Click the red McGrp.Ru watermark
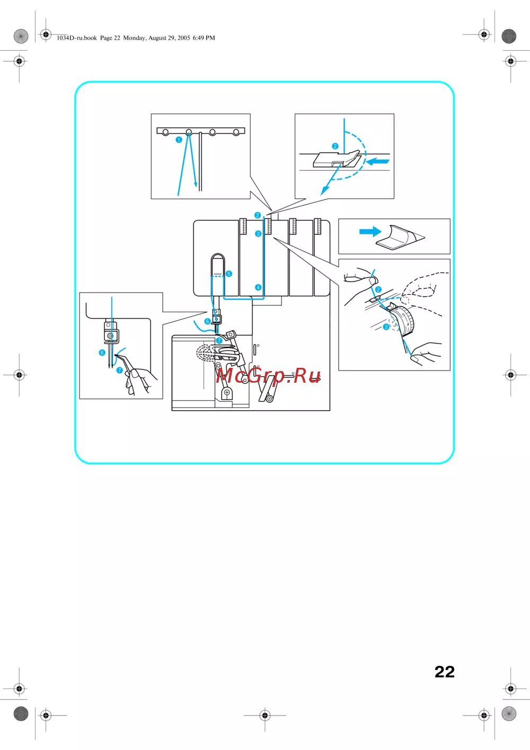click(268, 375)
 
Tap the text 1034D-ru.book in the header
click(77, 38)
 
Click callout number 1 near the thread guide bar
click(179, 139)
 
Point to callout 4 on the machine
click(258, 287)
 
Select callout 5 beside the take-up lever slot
click(229, 273)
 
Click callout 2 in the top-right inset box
click(335, 146)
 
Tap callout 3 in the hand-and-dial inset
click(386, 327)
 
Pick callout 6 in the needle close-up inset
click(102, 352)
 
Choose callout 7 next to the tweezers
click(120, 370)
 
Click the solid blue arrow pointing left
click(378, 162)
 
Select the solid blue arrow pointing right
click(370, 232)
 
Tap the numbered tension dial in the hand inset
click(402, 321)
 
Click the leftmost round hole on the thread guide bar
click(165, 133)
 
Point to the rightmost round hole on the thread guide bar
click(236, 133)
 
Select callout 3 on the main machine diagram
click(258, 234)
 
